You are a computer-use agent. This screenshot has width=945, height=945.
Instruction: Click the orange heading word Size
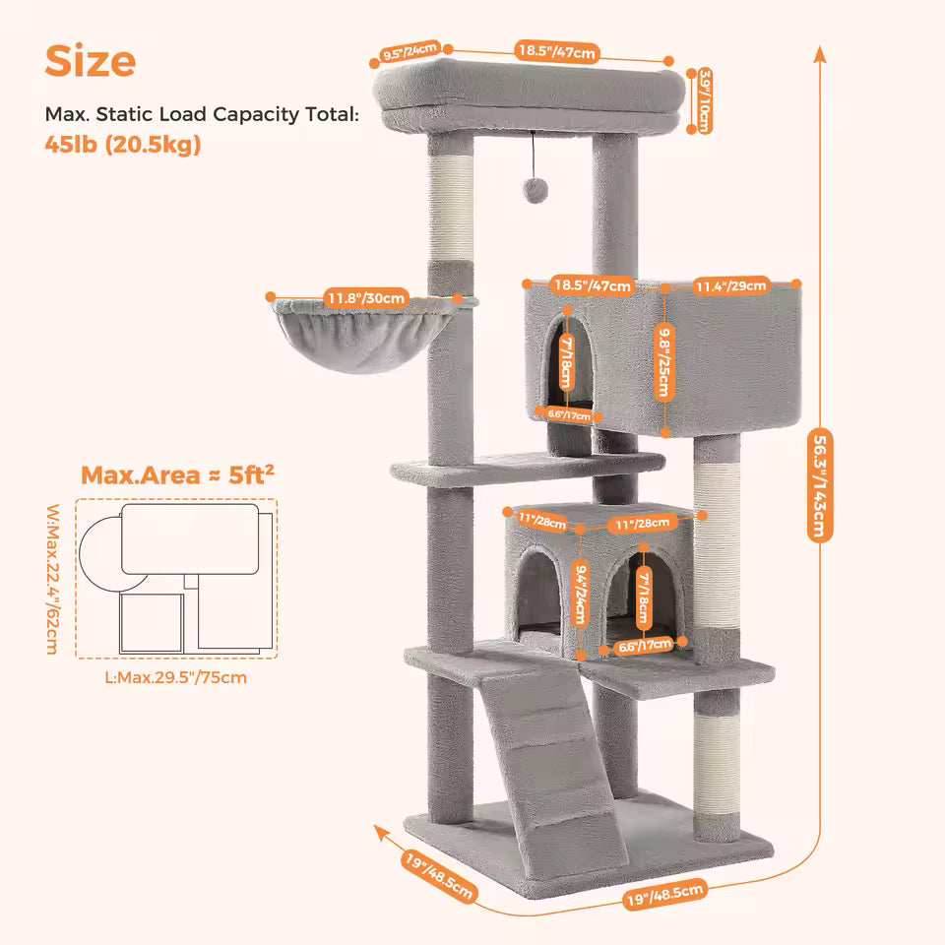click(x=91, y=61)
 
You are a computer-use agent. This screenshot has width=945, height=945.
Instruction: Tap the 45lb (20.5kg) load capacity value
click(x=123, y=145)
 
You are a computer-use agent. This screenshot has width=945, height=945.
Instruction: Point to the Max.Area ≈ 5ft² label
click(x=177, y=475)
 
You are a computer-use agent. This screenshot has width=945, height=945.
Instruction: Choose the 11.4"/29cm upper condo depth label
click(x=730, y=285)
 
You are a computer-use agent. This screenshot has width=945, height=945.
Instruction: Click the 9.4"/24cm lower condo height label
click(x=580, y=593)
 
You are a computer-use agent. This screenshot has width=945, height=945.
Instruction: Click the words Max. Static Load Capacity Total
click(x=202, y=114)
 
